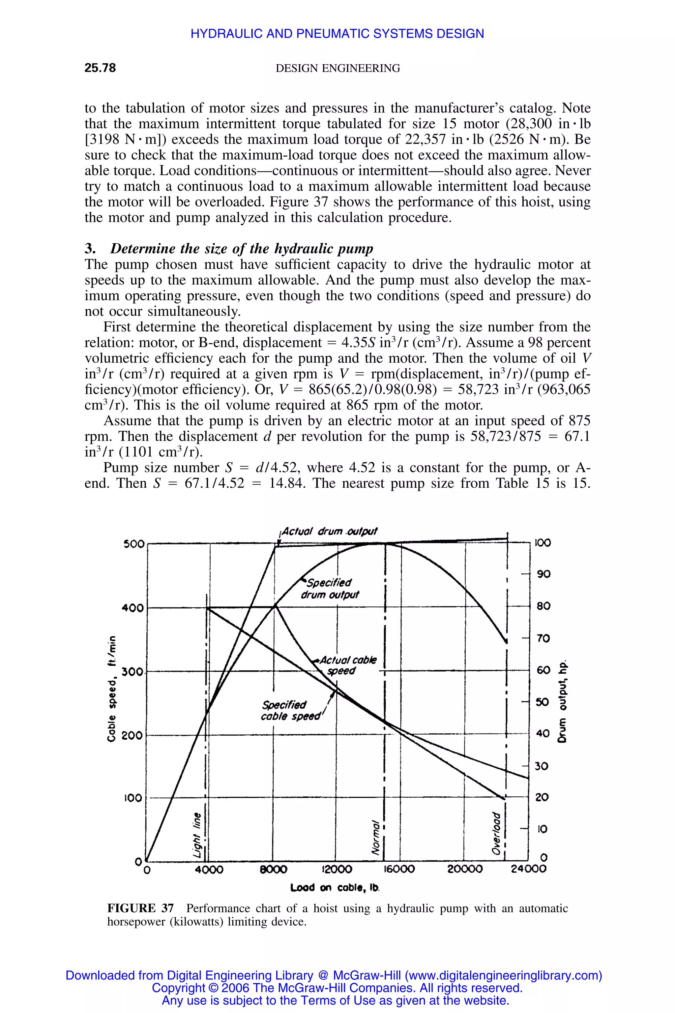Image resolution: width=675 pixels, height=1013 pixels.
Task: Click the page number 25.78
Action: pyautogui.click(x=100, y=68)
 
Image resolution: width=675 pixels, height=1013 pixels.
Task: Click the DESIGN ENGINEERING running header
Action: pyautogui.click(x=337, y=68)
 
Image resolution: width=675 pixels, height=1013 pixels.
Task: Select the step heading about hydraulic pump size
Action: pyautogui.click(x=229, y=249)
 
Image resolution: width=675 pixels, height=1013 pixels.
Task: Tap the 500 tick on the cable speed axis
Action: pyautogui.click(x=134, y=544)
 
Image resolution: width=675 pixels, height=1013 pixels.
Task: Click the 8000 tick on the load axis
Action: pyautogui.click(x=273, y=869)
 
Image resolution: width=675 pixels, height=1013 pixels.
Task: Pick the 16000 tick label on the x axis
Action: pyautogui.click(x=399, y=869)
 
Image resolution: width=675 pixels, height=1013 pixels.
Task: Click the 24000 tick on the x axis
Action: pyautogui.click(x=528, y=869)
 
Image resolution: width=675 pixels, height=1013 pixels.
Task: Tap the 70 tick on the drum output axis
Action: pyautogui.click(x=543, y=638)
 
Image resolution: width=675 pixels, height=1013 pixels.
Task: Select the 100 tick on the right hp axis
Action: pyautogui.click(x=543, y=543)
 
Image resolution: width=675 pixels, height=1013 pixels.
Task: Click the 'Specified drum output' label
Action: pyautogui.click(x=329, y=589)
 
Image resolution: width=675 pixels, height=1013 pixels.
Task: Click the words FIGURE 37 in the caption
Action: pyautogui.click(x=140, y=908)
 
